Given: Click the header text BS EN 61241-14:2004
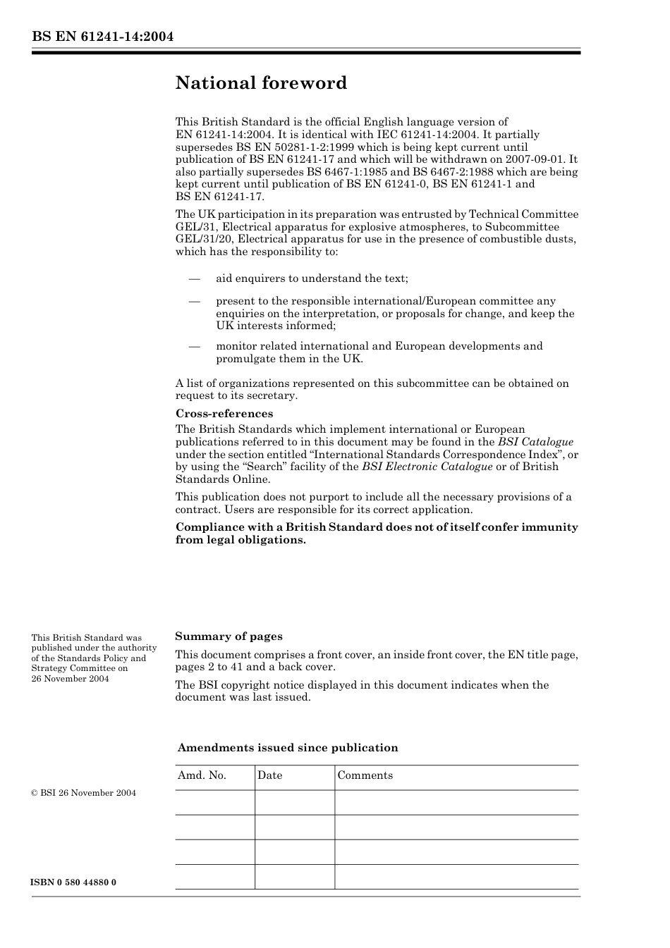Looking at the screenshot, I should [x=102, y=37].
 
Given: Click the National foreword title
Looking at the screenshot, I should [x=261, y=83].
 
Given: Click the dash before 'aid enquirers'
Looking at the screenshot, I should [x=195, y=279].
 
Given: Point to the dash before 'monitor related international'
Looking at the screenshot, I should [x=195, y=346].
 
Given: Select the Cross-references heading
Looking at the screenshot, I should [x=224, y=414].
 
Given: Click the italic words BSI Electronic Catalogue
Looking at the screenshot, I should [x=427, y=467].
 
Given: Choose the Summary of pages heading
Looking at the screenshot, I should [x=229, y=636].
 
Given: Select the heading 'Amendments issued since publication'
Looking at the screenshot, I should [x=288, y=748].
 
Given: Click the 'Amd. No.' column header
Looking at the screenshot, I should [x=202, y=775].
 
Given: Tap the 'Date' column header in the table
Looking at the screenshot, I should [x=269, y=775].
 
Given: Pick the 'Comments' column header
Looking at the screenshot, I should [x=365, y=775].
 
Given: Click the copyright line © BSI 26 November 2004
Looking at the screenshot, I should [x=84, y=793].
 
